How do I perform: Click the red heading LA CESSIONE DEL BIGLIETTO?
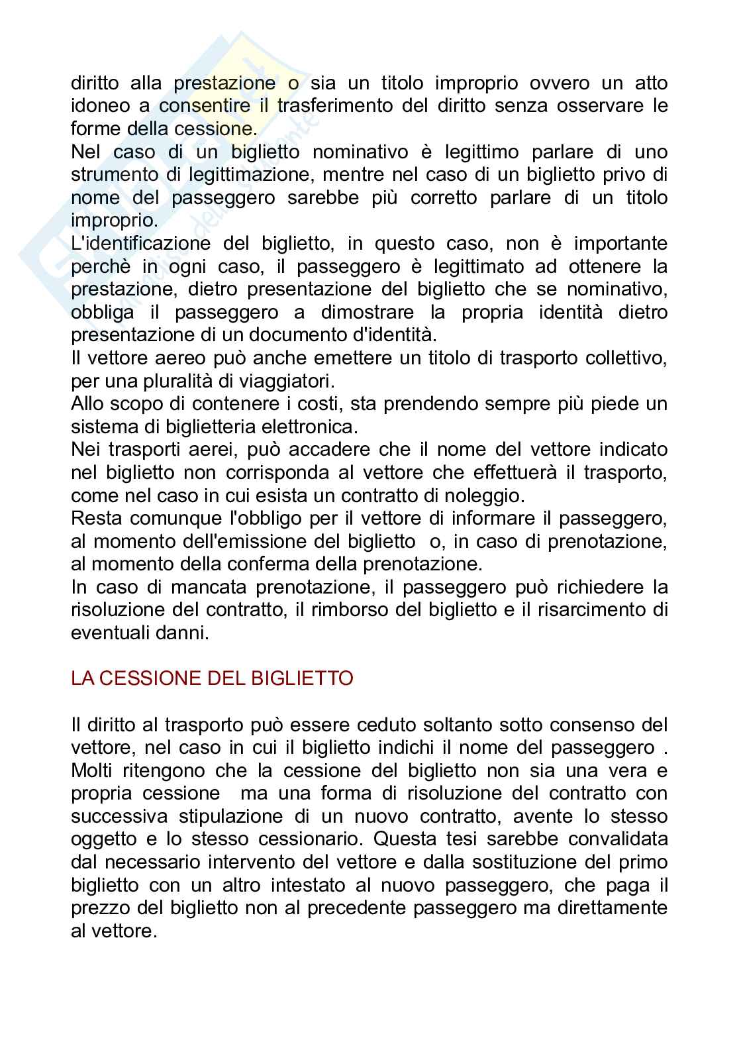(x=212, y=679)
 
